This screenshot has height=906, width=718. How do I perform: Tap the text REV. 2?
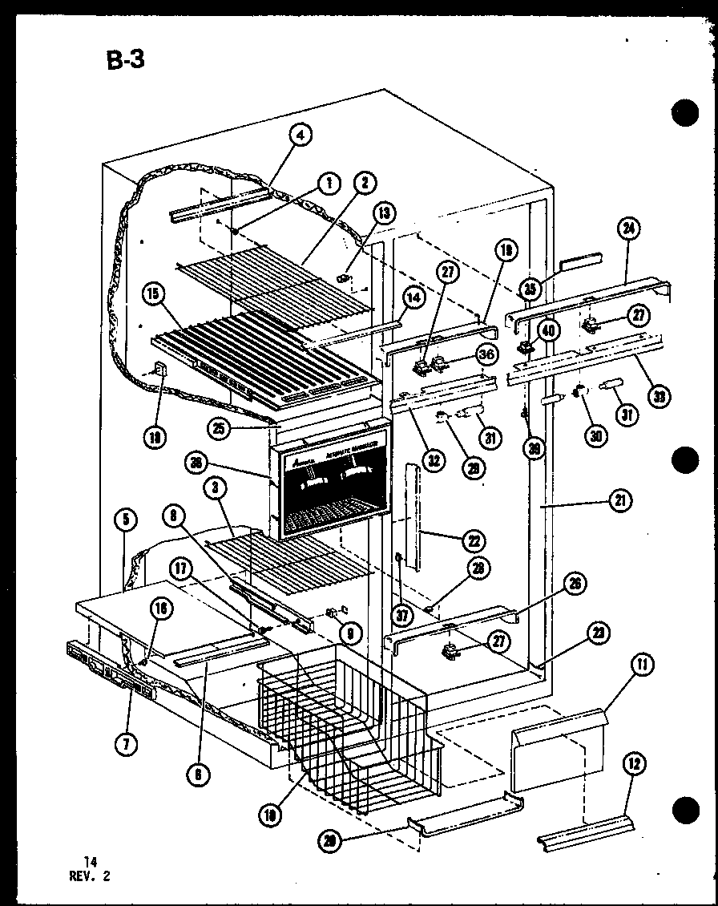pos(91,876)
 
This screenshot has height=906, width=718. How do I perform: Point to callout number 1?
pos(326,184)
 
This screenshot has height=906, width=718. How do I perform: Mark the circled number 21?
pos(620,501)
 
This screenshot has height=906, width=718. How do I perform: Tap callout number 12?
pos(635,765)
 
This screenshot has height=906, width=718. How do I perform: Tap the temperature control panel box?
pos(330,482)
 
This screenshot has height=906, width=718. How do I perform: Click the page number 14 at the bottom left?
pos(90,861)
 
